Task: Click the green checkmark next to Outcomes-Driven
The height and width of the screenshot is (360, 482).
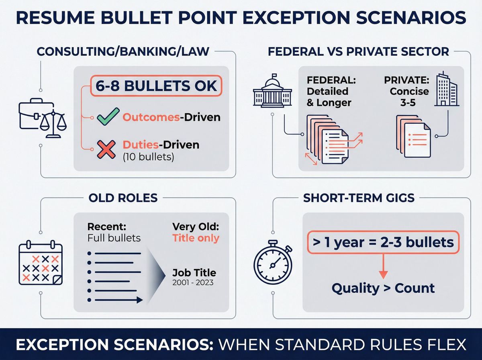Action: pyautogui.click(x=106, y=117)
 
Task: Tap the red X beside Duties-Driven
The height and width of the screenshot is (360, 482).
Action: pyautogui.click(x=106, y=149)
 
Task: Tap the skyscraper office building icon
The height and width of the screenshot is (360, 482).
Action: pyautogui.click(x=447, y=90)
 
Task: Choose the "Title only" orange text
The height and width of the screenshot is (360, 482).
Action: pyautogui.click(x=196, y=238)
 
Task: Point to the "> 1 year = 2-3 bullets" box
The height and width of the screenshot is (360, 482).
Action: pyautogui.click(x=383, y=242)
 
